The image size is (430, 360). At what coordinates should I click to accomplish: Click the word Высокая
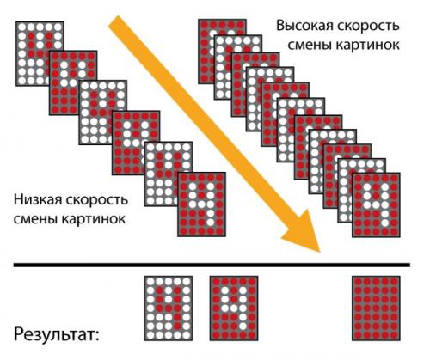[x=300, y=27]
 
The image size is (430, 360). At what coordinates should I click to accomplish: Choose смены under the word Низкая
[x=34, y=219]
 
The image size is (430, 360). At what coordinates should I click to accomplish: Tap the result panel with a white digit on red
[x=231, y=308]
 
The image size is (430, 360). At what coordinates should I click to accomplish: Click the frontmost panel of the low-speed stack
[x=200, y=203]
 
